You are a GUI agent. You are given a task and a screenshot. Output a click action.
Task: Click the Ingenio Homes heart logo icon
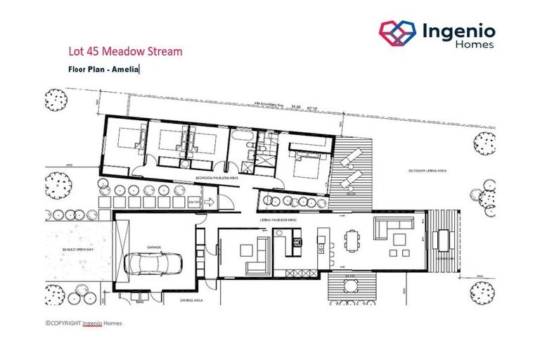tap(398, 32)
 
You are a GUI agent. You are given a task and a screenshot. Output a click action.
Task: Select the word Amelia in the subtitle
tap(129, 69)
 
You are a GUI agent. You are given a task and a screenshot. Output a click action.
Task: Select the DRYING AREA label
tap(191, 298)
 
